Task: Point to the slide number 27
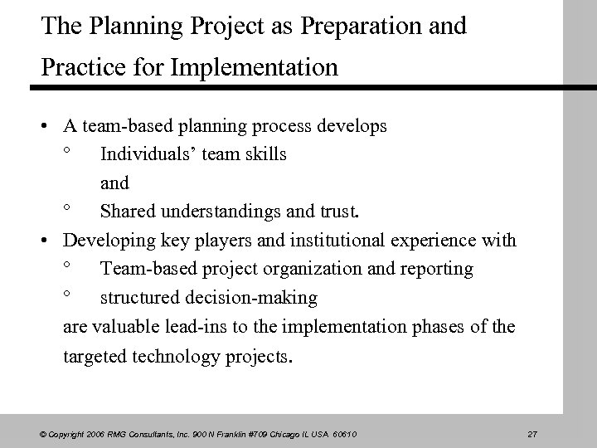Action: point(533,435)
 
